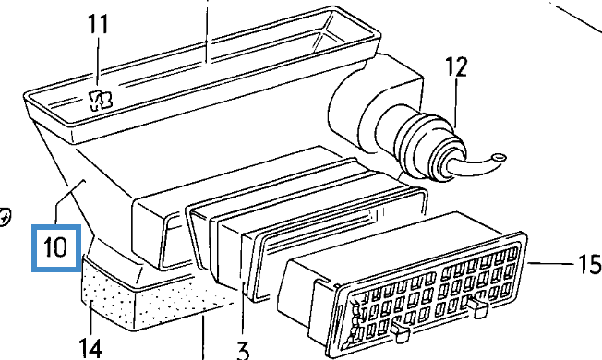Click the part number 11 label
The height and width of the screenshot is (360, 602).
[x=98, y=24]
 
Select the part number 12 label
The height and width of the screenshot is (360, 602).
[x=456, y=66]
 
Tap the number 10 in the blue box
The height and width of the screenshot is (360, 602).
[x=56, y=248]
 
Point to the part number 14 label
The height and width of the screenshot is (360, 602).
[x=90, y=349]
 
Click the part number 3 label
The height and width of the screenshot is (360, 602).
[x=243, y=351]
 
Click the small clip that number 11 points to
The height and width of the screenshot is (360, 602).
[x=101, y=101]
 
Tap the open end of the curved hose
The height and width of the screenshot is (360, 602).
[x=500, y=157]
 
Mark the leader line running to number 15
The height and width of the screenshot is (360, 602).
[x=552, y=264]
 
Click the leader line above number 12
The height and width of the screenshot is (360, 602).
[x=456, y=102]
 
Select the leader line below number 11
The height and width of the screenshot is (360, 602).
[x=98, y=60]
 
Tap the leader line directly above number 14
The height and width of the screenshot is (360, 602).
[x=91, y=319]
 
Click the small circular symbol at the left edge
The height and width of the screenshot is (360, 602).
[x=4, y=218]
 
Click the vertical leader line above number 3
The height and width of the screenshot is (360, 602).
[x=243, y=312]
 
